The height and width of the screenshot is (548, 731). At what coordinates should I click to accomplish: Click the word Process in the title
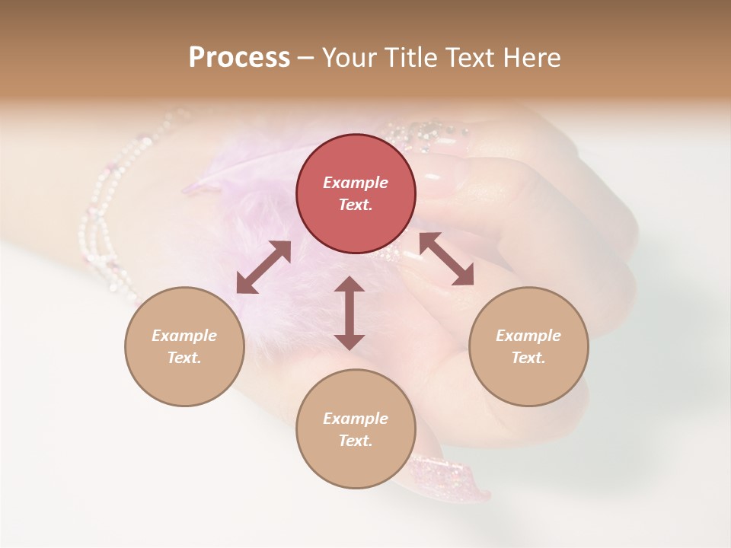(x=239, y=58)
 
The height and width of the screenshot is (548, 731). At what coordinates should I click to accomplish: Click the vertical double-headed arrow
(x=350, y=313)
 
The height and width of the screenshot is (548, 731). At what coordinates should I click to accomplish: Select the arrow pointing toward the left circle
(x=263, y=267)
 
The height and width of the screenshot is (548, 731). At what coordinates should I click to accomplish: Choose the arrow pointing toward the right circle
(x=446, y=259)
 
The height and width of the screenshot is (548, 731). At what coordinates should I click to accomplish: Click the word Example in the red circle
(x=356, y=183)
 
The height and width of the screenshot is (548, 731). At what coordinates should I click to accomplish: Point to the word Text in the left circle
(x=184, y=358)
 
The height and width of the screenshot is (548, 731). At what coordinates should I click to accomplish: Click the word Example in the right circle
(x=528, y=336)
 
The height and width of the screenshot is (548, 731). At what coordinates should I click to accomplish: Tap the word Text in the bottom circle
(x=356, y=441)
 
